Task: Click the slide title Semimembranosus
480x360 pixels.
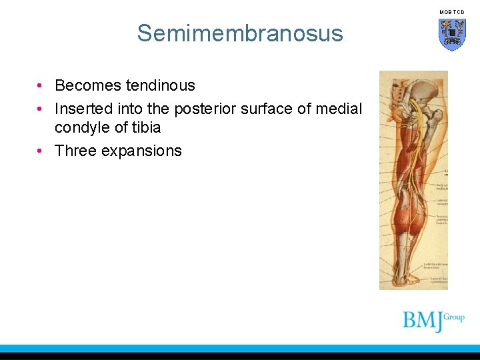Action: point(240,33)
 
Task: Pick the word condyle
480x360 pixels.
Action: point(81,127)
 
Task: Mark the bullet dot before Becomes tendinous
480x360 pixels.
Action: point(41,86)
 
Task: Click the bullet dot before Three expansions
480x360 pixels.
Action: point(41,151)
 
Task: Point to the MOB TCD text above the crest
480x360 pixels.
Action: point(451,12)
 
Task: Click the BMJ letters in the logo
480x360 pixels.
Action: point(423,321)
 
